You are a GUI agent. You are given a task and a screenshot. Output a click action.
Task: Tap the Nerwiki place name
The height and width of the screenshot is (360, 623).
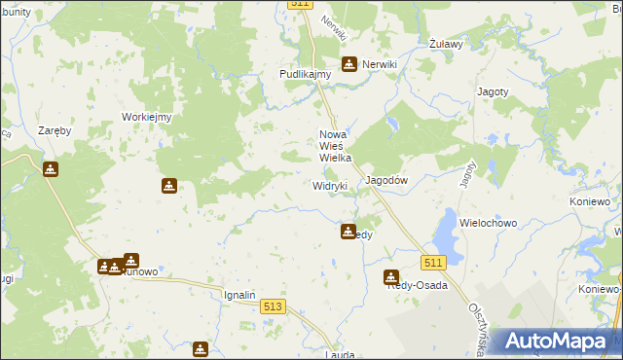(381, 64)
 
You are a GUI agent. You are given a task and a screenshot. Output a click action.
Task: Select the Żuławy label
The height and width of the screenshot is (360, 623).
(445, 45)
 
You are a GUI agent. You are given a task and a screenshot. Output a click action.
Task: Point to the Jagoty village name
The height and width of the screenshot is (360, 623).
(493, 91)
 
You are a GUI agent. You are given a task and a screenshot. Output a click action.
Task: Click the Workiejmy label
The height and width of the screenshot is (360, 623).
(146, 118)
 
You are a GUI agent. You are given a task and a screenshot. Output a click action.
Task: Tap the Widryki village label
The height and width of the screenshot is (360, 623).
(330, 186)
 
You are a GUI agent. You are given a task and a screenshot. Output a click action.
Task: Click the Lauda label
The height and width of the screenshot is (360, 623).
(340, 356)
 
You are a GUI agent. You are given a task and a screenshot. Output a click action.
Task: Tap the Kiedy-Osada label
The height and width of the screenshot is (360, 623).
(418, 285)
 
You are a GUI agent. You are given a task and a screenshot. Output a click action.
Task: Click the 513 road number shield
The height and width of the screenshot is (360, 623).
(274, 306)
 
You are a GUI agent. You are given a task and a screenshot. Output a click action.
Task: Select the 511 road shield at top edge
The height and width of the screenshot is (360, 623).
(300, 5)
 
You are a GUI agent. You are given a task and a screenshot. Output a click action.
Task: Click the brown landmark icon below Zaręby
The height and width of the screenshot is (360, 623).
(51, 169)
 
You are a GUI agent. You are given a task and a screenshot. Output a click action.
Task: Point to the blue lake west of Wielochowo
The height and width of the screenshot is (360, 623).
(445, 233)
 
